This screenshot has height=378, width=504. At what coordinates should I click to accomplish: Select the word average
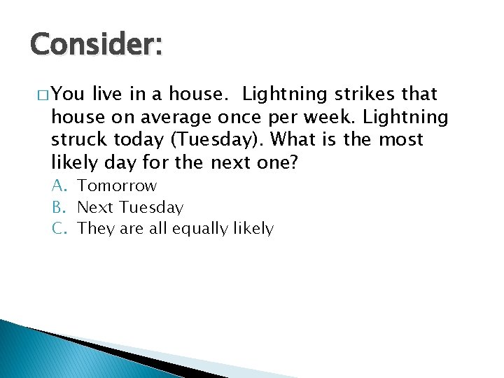(x=173, y=117)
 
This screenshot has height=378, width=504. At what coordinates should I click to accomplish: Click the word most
(x=401, y=140)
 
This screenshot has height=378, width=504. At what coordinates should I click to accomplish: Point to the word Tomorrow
(x=117, y=186)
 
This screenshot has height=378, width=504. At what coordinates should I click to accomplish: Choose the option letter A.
(x=58, y=186)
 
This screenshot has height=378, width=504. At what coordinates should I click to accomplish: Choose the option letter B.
(x=58, y=207)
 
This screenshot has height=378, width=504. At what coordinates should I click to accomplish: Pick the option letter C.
(x=58, y=228)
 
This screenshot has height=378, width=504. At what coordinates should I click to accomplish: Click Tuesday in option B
(x=151, y=207)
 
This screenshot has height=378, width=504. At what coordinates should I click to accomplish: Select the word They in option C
(x=94, y=228)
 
